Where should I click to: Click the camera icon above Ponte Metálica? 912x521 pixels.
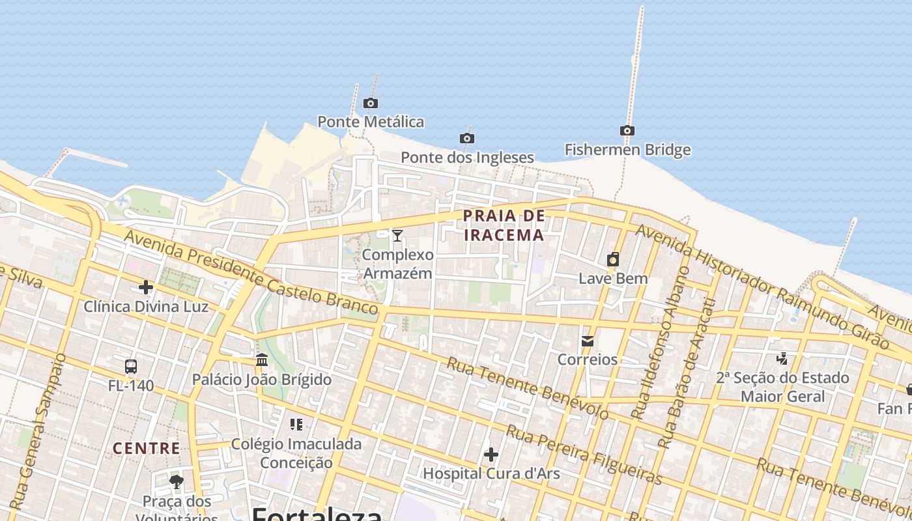tap(371, 103)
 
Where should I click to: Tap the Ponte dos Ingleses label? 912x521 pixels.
tap(467, 158)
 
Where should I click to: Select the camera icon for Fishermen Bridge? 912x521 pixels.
tap(627, 130)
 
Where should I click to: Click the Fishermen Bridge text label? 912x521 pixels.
tap(627, 150)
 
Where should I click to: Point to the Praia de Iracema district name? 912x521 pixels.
tap(504, 225)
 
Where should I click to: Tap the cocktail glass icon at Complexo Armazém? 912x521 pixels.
tap(397, 235)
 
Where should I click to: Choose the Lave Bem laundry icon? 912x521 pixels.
tap(613, 260)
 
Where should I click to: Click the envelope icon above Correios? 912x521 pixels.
tap(588, 341)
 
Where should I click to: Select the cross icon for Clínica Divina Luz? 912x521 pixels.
tap(146, 287)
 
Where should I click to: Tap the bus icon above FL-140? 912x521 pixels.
tap(131, 366)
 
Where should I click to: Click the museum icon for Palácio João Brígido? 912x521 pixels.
tap(262, 359)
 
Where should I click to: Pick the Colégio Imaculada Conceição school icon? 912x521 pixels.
tap(296, 425)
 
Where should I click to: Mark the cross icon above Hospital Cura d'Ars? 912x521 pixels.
tap(491, 454)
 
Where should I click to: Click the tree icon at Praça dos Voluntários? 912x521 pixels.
tap(176, 482)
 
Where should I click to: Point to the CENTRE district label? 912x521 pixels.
tap(147, 448)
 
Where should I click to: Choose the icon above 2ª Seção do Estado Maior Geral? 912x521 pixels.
tap(782, 358)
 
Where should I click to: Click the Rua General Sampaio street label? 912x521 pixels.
tap(38, 431)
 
